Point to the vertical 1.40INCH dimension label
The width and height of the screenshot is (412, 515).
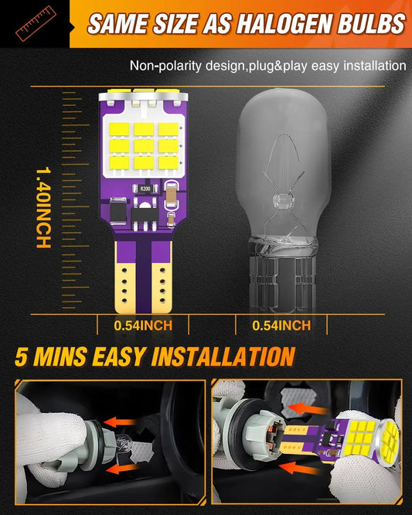(43, 208)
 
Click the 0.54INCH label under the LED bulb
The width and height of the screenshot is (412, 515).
(143, 326)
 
